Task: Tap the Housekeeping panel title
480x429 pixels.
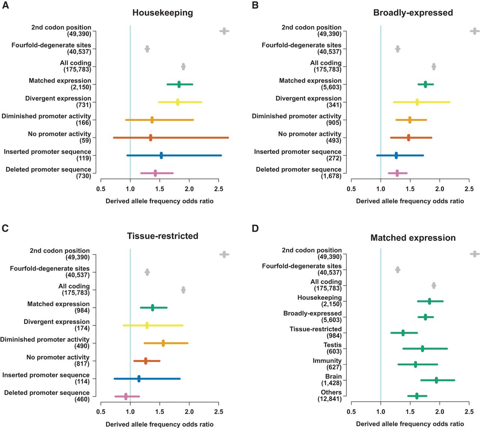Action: [162, 13]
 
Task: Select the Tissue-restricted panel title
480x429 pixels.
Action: [162, 236]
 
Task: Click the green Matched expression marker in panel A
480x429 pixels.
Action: [179, 85]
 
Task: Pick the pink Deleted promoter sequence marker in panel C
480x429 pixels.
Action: [126, 396]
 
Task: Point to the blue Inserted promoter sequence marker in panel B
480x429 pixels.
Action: [396, 155]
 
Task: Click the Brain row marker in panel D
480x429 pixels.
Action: [436, 380]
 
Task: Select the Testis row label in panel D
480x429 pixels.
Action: [333, 345]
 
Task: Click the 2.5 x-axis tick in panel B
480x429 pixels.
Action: [469, 189]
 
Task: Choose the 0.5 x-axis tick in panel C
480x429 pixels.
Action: [101, 412]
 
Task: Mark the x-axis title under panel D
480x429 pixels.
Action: [410, 424]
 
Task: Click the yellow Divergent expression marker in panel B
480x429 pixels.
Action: [417, 102]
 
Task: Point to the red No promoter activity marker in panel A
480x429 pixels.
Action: [150, 138]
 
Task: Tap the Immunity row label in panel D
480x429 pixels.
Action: [327, 360]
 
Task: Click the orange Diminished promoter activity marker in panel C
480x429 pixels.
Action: [163, 343]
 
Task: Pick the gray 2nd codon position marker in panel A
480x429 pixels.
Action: [224, 31]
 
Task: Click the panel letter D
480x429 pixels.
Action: [255, 228]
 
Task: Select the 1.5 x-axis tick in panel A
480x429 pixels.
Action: [160, 189]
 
